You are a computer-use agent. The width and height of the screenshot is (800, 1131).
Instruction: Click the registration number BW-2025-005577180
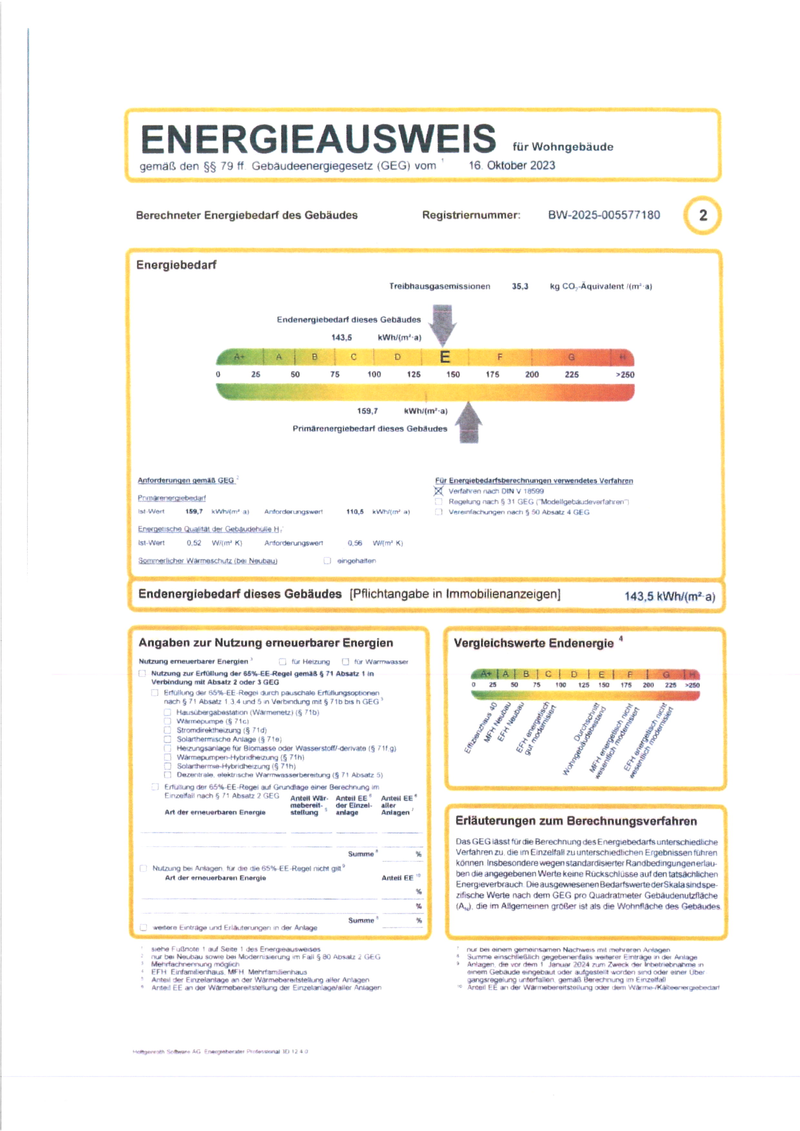click(x=604, y=215)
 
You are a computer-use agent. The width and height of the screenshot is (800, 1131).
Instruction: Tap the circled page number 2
click(x=703, y=215)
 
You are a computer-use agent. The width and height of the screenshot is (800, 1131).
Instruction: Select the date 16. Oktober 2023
click(x=512, y=165)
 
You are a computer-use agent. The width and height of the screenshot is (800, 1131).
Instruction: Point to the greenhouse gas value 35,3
click(x=520, y=286)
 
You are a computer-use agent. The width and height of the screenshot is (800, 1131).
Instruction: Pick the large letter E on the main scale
click(x=444, y=357)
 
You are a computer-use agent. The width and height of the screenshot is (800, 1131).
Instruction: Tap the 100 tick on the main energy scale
click(x=374, y=374)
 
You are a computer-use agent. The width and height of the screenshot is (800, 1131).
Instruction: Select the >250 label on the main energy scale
click(x=625, y=375)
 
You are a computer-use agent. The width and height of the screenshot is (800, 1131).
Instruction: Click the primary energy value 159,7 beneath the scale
click(x=367, y=411)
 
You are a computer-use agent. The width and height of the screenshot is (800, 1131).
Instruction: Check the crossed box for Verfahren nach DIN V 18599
click(x=438, y=491)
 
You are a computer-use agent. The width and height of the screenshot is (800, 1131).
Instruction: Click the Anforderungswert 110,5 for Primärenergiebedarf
click(x=355, y=512)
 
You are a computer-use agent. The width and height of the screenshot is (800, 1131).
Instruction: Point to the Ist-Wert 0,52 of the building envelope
click(x=194, y=543)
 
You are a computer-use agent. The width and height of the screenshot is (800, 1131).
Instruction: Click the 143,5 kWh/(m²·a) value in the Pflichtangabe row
click(x=669, y=597)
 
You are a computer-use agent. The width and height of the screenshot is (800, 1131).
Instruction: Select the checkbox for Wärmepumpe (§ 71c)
click(x=167, y=721)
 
